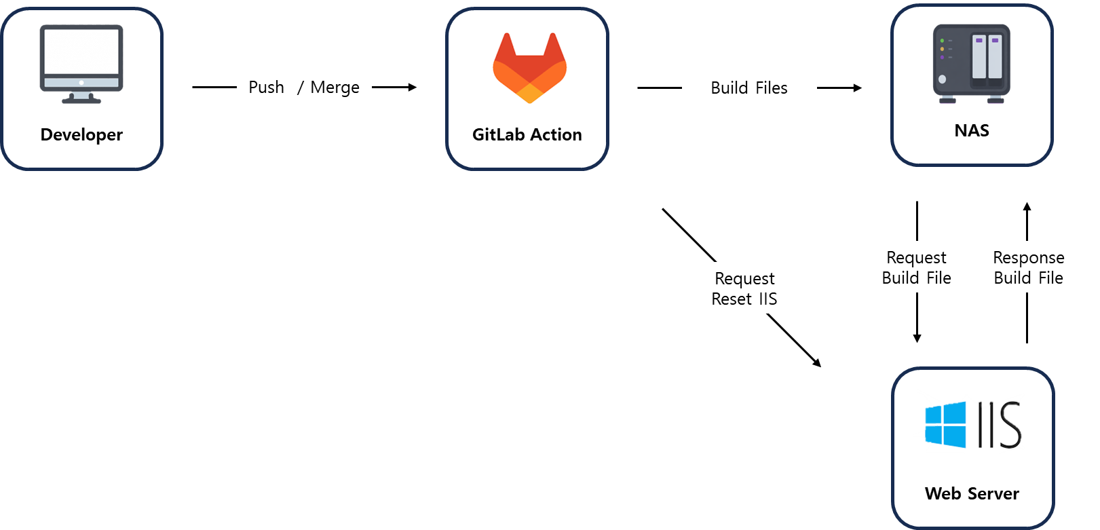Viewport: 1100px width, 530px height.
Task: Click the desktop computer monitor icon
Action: (x=81, y=63)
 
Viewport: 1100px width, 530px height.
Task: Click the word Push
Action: (x=266, y=88)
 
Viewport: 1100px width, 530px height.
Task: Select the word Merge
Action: (x=335, y=88)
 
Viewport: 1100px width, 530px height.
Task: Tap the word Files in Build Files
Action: (x=772, y=88)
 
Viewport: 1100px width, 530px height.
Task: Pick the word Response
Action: (x=1028, y=258)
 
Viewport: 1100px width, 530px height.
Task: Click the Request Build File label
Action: (x=916, y=267)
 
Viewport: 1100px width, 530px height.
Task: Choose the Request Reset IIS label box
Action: (x=744, y=288)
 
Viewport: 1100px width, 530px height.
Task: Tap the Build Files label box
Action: (x=749, y=88)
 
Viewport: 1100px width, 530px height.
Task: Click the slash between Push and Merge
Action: (x=300, y=88)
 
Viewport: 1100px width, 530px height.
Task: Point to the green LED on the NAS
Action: (x=942, y=41)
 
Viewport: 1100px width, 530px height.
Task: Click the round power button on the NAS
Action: (x=942, y=79)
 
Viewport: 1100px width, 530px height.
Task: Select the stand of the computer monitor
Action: (x=81, y=98)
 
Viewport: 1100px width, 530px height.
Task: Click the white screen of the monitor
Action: (x=81, y=52)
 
